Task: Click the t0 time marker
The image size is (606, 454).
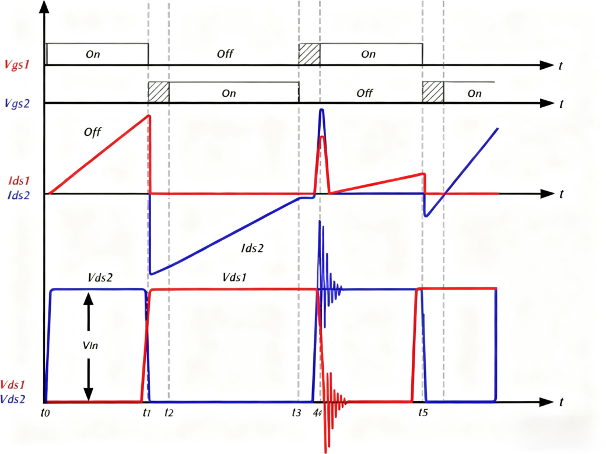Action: pyautogui.click(x=45, y=412)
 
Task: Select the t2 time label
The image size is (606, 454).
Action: pyautogui.click(x=169, y=413)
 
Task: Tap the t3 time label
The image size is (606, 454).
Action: pyautogui.click(x=297, y=413)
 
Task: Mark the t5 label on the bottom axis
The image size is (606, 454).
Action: pyautogui.click(x=423, y=413)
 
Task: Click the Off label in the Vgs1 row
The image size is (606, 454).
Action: pyautogui.click(x=225, y=54)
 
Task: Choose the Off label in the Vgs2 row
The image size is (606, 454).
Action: pyautogui.click(x=365, y=93)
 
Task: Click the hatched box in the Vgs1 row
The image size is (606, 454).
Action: pyautogui.click(x=309, y=54)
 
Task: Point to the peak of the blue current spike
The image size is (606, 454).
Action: pyautogui.click(x=321, y=110)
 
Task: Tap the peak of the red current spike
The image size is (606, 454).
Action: pyautogui.click(x=322, y=137)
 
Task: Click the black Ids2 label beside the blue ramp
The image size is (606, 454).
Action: pyautogui.click(x=253, y=248)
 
